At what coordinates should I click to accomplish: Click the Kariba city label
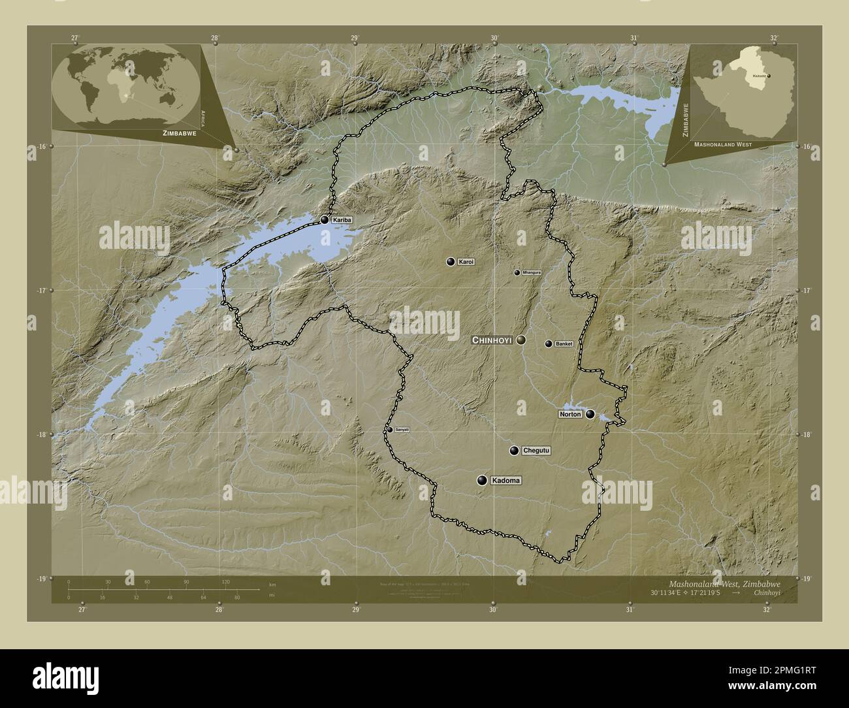pos(342,221)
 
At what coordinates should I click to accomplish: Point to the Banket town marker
pos(549,344)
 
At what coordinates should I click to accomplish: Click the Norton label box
pos(570,414)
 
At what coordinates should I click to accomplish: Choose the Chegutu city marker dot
pos(515,451)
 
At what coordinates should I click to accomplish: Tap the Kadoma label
pos(507,481)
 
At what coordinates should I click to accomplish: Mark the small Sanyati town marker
pos(390,429)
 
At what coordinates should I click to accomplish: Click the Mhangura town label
pos(532,272)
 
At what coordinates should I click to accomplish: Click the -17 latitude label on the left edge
pos(41,291)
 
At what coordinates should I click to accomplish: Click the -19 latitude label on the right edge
pos(806,579)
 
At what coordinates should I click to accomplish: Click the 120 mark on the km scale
pos(225,581)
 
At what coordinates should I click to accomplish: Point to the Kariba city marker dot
pos(325,220)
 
